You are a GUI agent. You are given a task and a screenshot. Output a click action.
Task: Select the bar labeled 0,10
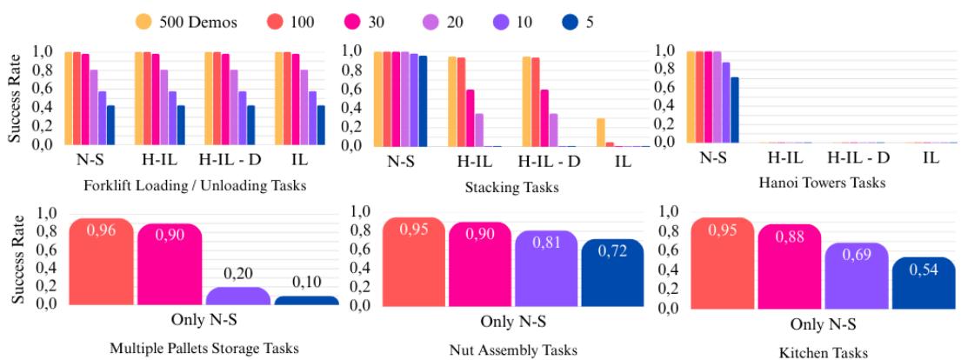tap(306, 300)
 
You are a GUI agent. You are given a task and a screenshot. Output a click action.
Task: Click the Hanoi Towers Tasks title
tap(822, 183)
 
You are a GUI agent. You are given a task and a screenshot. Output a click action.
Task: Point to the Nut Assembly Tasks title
tap(514, 350)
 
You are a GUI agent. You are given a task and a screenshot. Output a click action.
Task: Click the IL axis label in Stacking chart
tap(622, 162)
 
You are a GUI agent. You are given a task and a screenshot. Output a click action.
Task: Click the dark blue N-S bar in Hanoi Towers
tap(734, 110)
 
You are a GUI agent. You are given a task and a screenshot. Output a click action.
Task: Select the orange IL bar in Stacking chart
tap(600, 131)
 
